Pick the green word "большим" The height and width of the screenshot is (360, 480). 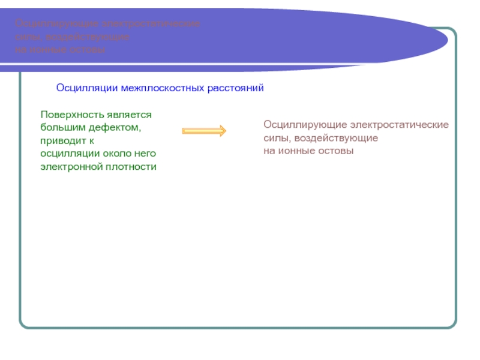tap(61, 127)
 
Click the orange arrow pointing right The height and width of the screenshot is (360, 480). tap(203, 131)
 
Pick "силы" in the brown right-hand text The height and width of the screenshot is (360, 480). tap(274, 138)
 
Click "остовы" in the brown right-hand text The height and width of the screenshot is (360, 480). tap(336, 151)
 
